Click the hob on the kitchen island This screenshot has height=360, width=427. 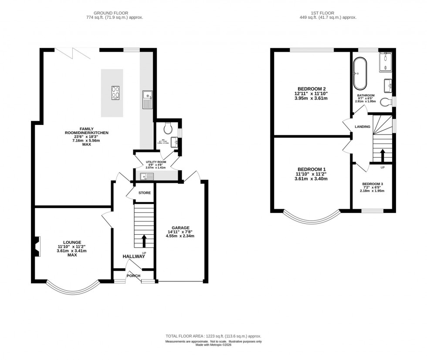click(115, 93)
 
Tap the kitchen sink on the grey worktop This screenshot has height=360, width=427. click(147, 99)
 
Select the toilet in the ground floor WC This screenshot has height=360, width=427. click(168, 128)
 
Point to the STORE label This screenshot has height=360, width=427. click(144, 193)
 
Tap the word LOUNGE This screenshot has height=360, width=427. click(72, 242)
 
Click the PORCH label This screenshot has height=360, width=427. click(133, 276)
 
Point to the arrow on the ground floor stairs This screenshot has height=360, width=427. click(144, 240)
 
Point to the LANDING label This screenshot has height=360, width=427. click(363, 127)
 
